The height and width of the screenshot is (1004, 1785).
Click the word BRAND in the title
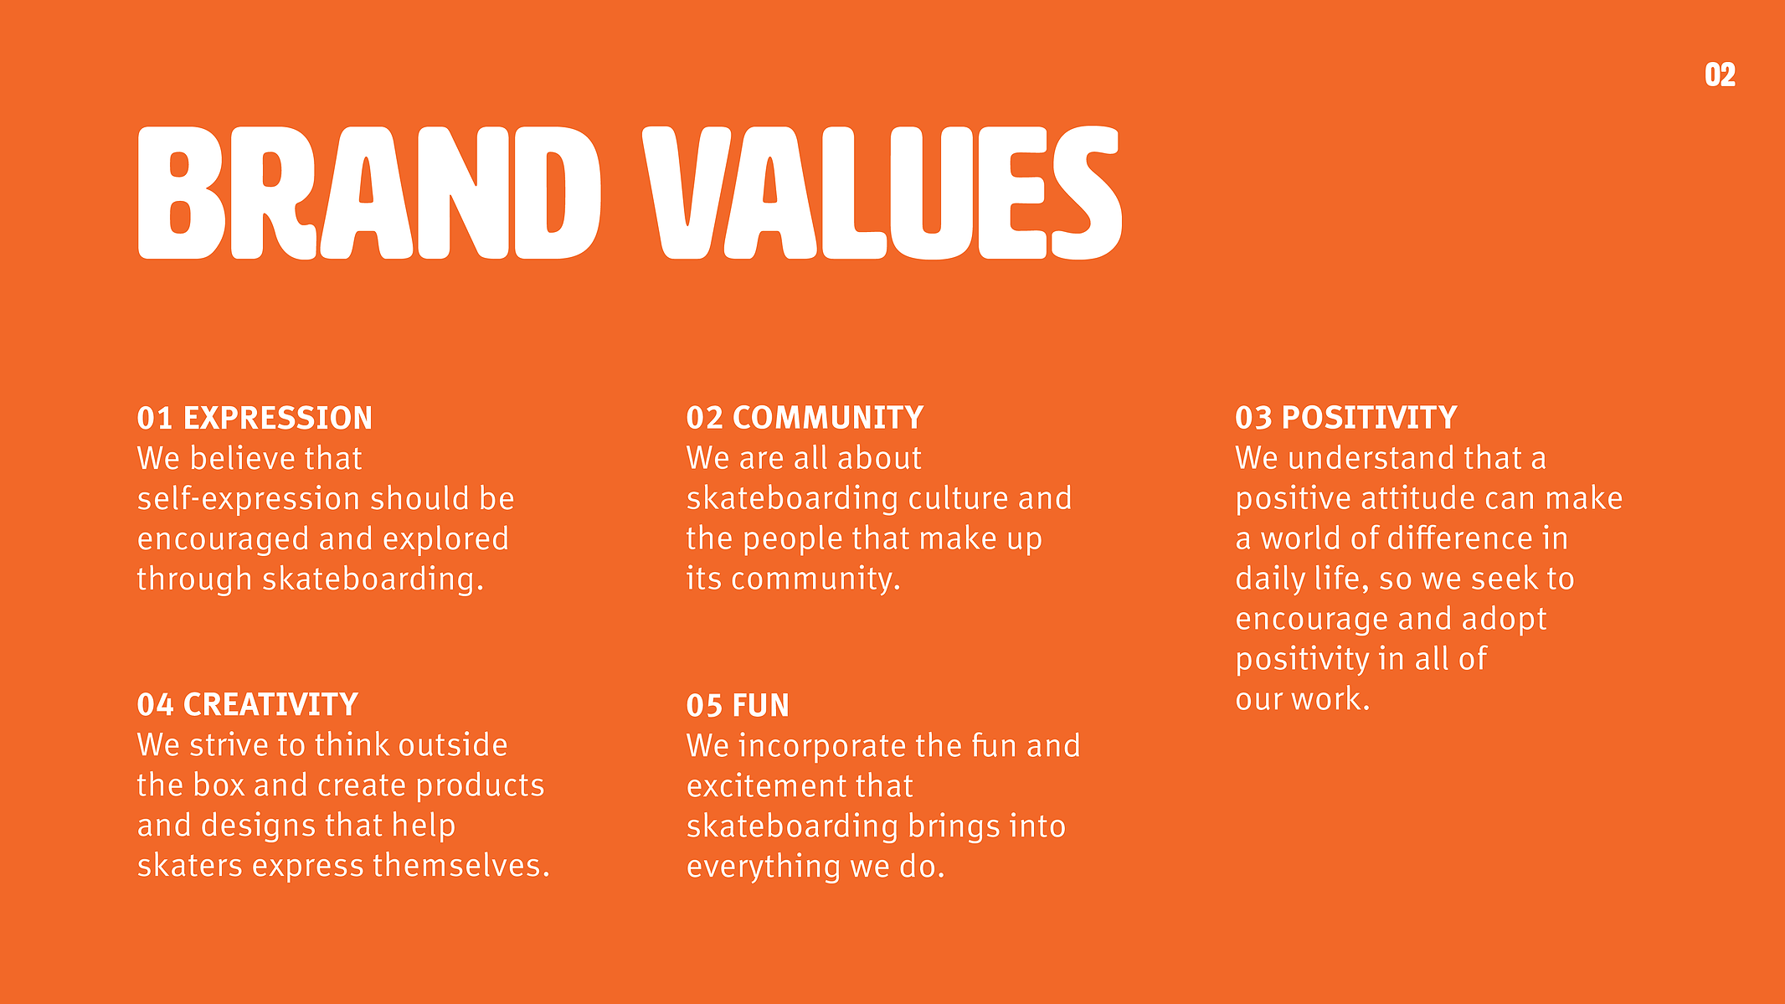(x=369, y=193)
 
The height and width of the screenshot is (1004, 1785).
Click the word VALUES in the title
(x=882, y=193)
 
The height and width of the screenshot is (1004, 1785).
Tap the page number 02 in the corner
(x=1720, y=75)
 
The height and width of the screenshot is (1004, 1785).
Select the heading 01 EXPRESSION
(x=255, y=418)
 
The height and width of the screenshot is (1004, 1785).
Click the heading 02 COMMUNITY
(x=805, y=418)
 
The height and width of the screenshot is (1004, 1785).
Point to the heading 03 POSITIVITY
(x=1346, y=418)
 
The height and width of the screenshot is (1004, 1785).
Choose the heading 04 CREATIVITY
(x=248, y=705)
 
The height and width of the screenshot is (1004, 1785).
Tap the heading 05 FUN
(x=738, y=706)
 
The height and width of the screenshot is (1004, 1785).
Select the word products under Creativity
(x=481, y=786)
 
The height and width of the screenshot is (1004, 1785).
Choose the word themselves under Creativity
(x=461, y=866)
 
